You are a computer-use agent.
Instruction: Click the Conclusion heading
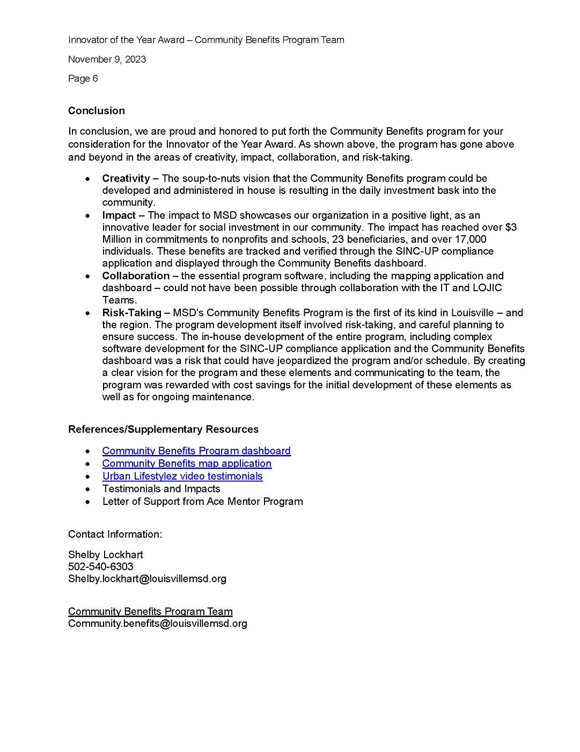tap(96, 111)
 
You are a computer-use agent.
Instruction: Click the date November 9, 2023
tap(107, 59)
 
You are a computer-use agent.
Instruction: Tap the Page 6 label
tap(83, 78)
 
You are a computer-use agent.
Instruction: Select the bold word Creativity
tap(126, 178)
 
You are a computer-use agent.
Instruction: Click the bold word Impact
tap(119, 215)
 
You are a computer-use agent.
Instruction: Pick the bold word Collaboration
tap(136, 276)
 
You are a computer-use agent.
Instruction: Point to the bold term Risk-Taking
tap(131, 313)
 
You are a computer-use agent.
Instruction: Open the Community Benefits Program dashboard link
tap(196, 451)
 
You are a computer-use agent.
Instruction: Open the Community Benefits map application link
tap(187, 463)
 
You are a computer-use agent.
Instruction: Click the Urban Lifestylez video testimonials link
tap(182, 476)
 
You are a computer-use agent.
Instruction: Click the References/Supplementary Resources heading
tap(163, 429)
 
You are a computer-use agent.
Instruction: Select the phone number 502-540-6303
tap(101, 566)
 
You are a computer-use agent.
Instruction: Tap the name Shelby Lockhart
tap(106, 554)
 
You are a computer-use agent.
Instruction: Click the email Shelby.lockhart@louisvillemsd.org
tap(147, 579)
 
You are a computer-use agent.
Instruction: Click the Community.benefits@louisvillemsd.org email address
tap(157, 624)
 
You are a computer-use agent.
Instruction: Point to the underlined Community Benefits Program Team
tap(150, 611)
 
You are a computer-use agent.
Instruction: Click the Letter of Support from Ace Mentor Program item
tap(202, 501)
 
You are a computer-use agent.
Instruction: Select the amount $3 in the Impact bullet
tap(511, 227)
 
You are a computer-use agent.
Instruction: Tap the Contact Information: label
tap(115, 534)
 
